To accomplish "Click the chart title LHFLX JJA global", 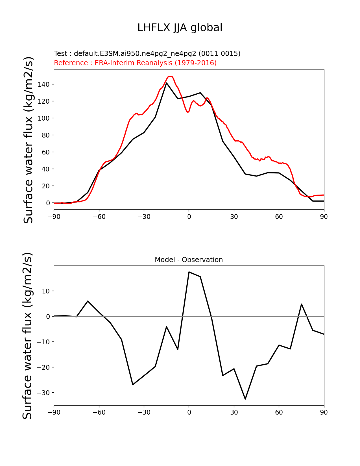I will click(x=180, y=28).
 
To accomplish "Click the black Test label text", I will click(x=147, y=54).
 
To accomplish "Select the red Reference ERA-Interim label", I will click(x=135, y=63).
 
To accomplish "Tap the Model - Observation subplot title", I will click(x=189, y=260).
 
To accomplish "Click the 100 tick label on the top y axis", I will click(x=44, y=118).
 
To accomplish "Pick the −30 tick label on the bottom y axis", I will click(x=43, y=393).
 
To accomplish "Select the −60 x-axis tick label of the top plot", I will click(x=99, y=217).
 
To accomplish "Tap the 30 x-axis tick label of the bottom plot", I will click(x=234, y=412).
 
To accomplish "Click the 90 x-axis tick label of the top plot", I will click(x=324, y=217).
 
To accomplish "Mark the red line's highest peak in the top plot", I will click(x=170, y=76).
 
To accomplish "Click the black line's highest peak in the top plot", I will click(x=167, y=83).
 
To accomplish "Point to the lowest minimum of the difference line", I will click(x=245, y=399).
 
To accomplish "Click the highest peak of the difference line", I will click(x=189, y=272).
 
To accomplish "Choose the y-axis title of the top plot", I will click(x=29, y=140).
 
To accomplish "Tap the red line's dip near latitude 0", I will click(x=188, y=112).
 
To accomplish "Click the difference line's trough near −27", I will click(x=133, y=384).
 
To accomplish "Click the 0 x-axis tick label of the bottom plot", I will click(x=189, y=412).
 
